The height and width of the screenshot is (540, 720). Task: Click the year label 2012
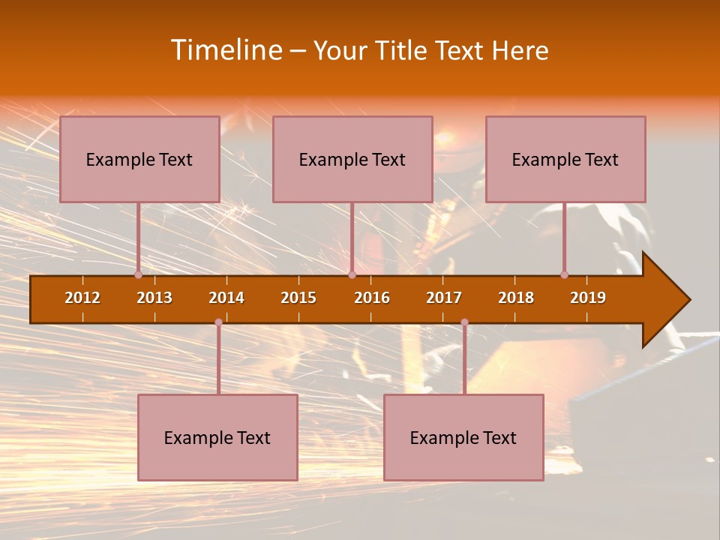[x=82, y=298]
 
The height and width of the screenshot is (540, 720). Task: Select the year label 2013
[x=154, y=298]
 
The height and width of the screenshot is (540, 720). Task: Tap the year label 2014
[x=226, y=298]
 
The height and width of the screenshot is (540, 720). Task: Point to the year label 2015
[x=298, y=298]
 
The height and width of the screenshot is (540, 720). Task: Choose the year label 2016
[x=372, y=298]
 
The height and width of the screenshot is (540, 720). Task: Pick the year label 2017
[x=444, y=298]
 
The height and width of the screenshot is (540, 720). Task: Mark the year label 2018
[x=516, y=298]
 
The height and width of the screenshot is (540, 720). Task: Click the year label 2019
[x=588, y=298]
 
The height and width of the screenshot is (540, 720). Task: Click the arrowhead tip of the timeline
[x=688, y=300]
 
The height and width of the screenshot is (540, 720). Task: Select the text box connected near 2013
[x=139, y=159]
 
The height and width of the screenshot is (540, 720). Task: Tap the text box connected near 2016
[x=352, y=159]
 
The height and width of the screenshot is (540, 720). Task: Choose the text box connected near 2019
[x=565, y=159]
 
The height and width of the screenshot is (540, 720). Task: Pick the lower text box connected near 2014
[x=217, y=437]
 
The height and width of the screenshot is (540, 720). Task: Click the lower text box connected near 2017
[x=463, y=437]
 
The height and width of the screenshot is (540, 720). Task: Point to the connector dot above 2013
[x=139, y=275]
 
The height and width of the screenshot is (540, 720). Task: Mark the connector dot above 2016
[x=352, y=275]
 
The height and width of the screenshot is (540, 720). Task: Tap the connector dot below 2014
[x=218, y=322]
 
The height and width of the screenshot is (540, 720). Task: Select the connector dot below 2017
[x=464, y=322]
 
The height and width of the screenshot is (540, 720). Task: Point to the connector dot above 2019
[x=565, y=275]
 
